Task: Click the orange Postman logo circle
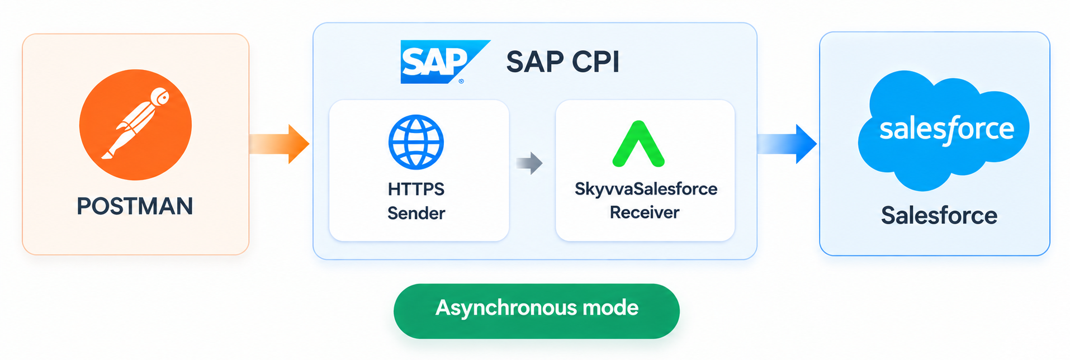point(135,125)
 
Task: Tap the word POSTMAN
point(135,206)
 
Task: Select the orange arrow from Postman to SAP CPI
point(279,144)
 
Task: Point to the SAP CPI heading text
point(563,61)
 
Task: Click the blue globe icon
point(416,142)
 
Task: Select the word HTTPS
point(416,189)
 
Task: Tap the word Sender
point(416,213)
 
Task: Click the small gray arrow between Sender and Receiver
point(529,163)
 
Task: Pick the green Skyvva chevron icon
point(638,144)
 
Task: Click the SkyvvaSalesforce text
point(646,189)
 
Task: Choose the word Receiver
point(645,212)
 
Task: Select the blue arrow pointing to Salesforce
point(787,144)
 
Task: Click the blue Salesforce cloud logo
point(944,130)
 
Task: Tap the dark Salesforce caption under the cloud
point(939,215)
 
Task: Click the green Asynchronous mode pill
point(537,311)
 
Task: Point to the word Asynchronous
point(506,307)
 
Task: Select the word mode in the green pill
point(610,307)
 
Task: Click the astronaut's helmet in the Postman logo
point(160,97)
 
